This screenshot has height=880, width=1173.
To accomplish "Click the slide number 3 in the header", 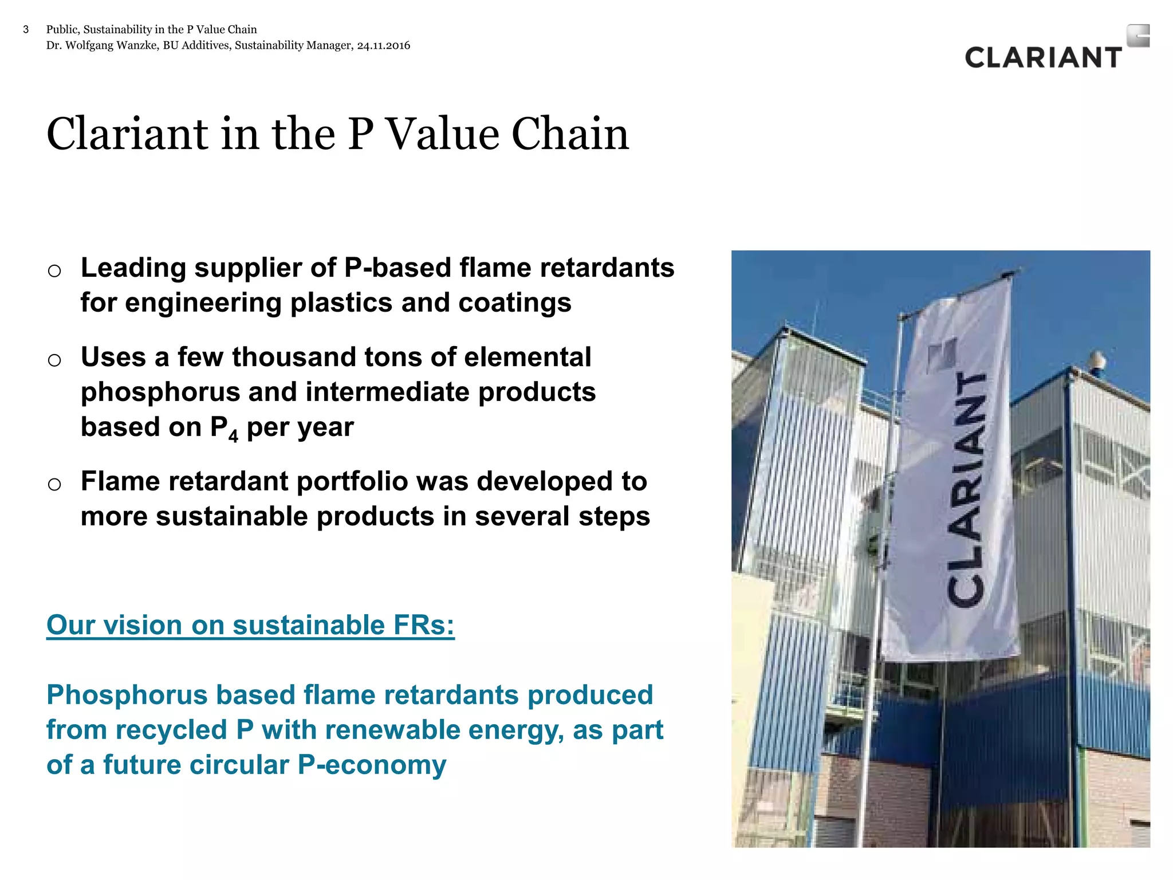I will tap(26, 30).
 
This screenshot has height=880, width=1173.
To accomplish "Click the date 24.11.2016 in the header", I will tap(383, 46).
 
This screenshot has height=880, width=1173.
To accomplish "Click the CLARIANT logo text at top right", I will tap(1043, 58).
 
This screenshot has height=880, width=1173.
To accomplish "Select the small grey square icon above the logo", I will tap(1137, 36).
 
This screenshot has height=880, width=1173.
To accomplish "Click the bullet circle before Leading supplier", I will tap(54, 270).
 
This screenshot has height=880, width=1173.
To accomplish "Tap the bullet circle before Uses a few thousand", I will tap(54, 360).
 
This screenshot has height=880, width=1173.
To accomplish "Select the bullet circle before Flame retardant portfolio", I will tap(54, 484).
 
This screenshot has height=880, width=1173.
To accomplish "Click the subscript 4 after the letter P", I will tap(233, 437).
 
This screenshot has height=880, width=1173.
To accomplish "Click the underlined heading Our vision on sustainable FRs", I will tap(250, 625).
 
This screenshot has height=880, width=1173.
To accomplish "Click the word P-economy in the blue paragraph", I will tap(372, 765).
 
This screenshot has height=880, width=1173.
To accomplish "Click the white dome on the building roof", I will tap(1096, 361).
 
